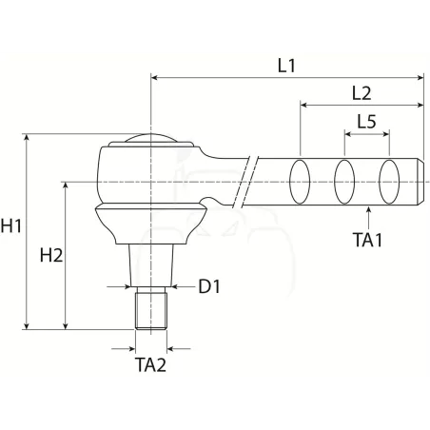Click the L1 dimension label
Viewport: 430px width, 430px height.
coord(286,66)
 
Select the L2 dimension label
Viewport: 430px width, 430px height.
coord(362,93)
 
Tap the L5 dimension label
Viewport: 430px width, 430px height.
coord(367,121)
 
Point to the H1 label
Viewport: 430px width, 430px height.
coord(11,226)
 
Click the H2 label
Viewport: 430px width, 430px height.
coord(51,255)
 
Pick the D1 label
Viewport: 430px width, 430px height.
coord(209,286)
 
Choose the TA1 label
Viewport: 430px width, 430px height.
coord(368,240)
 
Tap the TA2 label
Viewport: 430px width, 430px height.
coord(150,364)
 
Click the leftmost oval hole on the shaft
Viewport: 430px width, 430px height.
coord(300,182)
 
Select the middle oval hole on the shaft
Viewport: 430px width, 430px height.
coord(344,182)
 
